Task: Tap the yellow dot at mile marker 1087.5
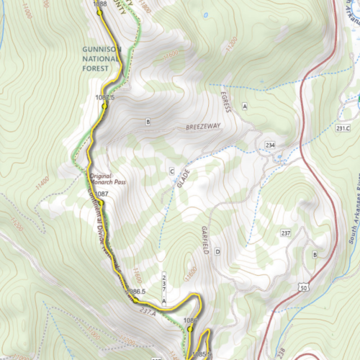click(x=104, y=105)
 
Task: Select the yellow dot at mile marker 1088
click(x=99, y=12)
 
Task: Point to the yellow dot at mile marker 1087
click(x=101, y=203)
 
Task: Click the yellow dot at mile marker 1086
click(x=190, y=328)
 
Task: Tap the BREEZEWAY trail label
click(x=201, y=126)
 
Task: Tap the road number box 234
click(x=270, y=145)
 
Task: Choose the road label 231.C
click(x=343, y=129)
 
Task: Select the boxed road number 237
click(x=285, y=234)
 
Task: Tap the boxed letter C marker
click(x=171, y=171)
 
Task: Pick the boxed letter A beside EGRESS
click(x=245, y=107)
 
